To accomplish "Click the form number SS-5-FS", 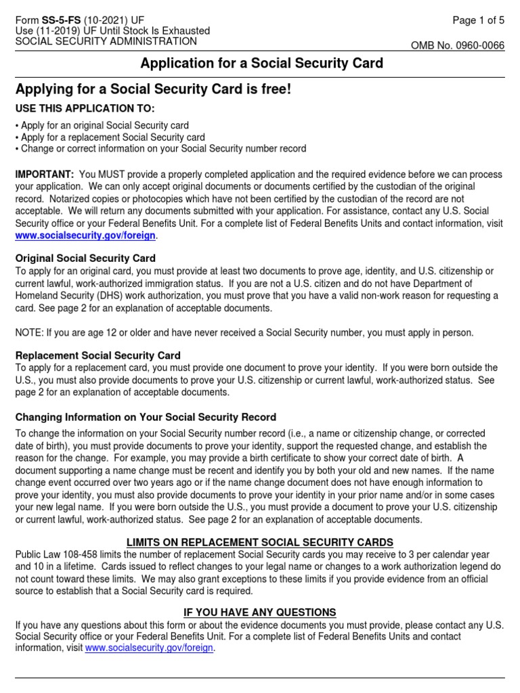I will tap(59, 20).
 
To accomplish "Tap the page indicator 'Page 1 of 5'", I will tap(478, 20).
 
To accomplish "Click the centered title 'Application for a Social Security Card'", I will tap(261, 64).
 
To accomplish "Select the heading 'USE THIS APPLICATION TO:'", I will tap(85, 108).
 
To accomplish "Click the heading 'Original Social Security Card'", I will tap(85, 259).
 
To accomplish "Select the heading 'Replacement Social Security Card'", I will tap(98, 355).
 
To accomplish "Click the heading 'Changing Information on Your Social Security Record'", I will tap(146, 417).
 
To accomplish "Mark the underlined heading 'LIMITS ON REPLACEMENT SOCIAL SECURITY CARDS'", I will tap(260, 543).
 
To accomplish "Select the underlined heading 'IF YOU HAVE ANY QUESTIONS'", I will tap(260, 612).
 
